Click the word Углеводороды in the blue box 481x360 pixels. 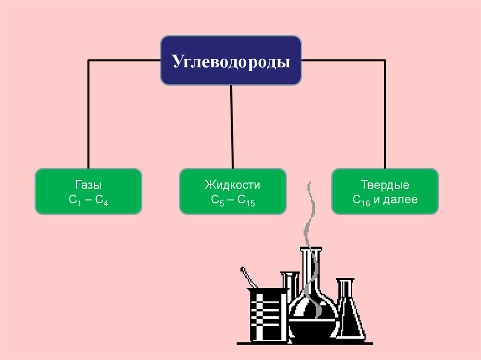[x=231, y=61]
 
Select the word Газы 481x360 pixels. [x=88, y=185]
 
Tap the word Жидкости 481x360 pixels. [x=233, y=185]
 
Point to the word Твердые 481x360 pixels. [x=385, y=185]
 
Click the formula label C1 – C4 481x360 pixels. [x=88, y=200]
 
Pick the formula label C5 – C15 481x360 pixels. [x=233, y=200]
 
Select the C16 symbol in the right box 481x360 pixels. [x=361, y=200]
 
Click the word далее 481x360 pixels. [x=400, y=199]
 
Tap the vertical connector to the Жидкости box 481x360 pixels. [x=232, y=127]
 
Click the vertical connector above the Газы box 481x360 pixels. [x=88, y=114]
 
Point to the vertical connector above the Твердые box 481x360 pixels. [x=385, y=114]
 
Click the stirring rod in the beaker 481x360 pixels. [x=248, y=277]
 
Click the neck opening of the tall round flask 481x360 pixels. [x=311, y=249]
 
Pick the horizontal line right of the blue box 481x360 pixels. [x=343, y=61]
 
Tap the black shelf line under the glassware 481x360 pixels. [x=305, y=344]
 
